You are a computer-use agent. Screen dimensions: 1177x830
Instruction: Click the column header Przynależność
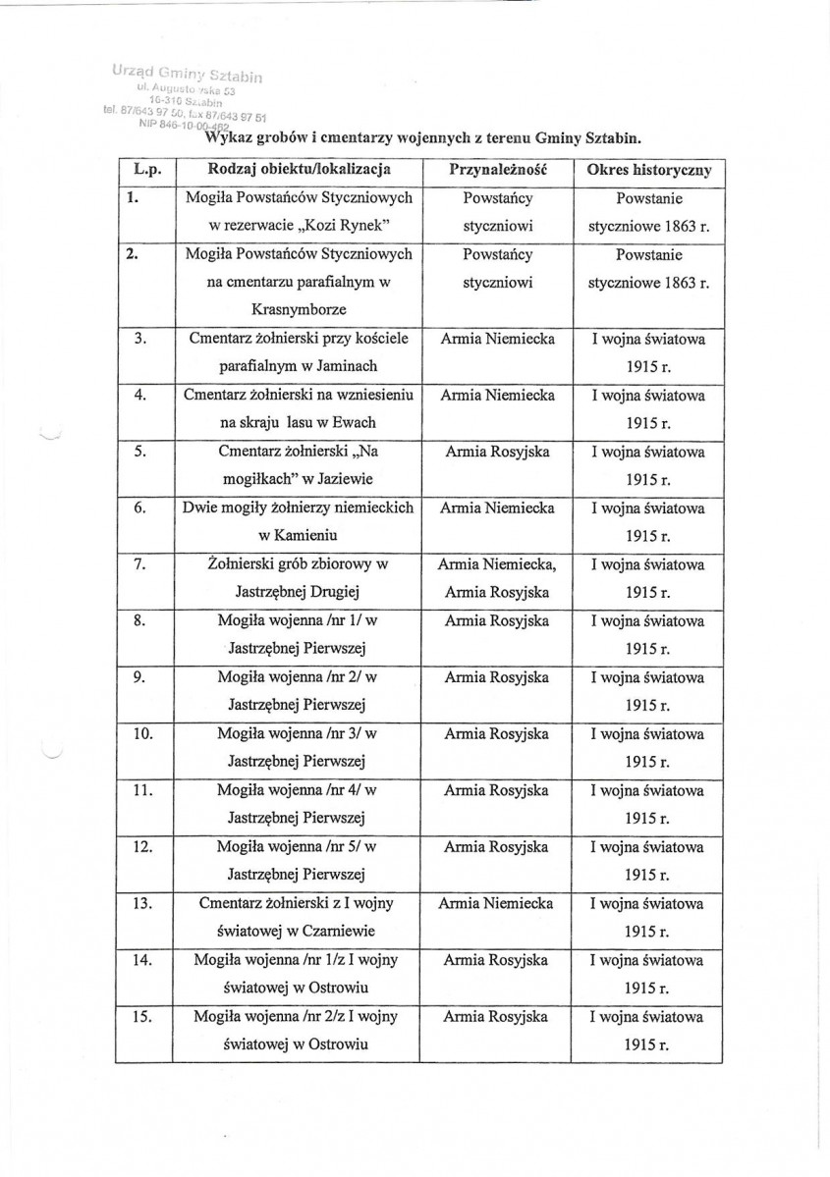pyautogui.click(x=497, y=170)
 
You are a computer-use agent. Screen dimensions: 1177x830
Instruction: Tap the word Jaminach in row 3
pyautogui.click(x=334, y=367)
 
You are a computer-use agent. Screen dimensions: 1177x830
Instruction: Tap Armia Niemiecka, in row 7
pyautogui.click(x=497, y=564)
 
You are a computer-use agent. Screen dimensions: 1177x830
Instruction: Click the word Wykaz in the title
pyautogui.click(x=227, y=138)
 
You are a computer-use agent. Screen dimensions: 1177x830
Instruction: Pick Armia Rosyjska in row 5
pyautogui.click(x=496, y=453)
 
